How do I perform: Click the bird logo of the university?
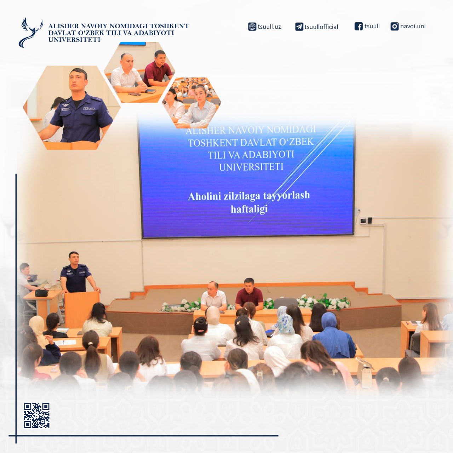[x=30, y=33]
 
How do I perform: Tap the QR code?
[x=37, y=415]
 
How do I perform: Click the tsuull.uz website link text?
[x=269, y=27]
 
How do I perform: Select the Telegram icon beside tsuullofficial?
[x=299, y=27]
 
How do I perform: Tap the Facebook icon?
[x=359, y=26]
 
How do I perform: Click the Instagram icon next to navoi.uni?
[x=395, y=26]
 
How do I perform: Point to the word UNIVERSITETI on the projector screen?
[x=251, y=167]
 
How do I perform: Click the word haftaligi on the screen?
[x=249, y=209]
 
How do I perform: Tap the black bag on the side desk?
[x=41, y=293]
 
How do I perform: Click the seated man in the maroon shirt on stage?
[x=249, y=294]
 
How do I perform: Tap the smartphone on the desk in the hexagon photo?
[x=135, y=94]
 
